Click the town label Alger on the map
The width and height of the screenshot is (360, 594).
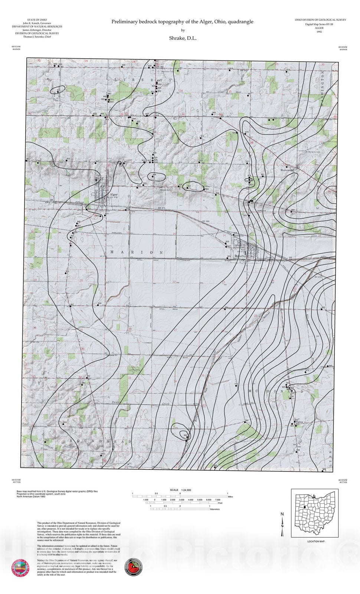114,195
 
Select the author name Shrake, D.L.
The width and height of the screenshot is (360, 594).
183,38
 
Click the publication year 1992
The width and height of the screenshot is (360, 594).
319,32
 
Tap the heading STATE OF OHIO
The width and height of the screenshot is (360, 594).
37,20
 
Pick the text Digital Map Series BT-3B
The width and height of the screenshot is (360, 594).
319,24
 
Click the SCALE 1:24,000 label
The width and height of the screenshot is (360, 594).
180,490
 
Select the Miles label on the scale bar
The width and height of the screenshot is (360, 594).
230,496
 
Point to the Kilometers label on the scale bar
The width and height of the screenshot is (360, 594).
215,509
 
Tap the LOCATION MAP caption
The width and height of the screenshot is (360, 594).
316,541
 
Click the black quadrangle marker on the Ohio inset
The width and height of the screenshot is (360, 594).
304,507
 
